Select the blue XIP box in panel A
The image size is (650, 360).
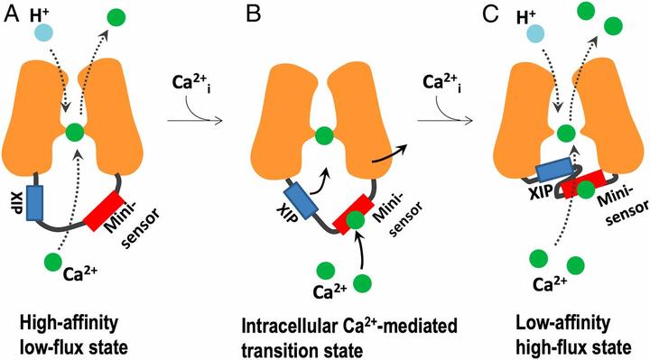(x=35, y=204)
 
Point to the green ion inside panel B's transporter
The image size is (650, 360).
(x=320, y=136)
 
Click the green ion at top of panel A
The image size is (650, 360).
(x=116, y=17)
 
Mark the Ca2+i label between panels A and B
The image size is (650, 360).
(x=192, y=87)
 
